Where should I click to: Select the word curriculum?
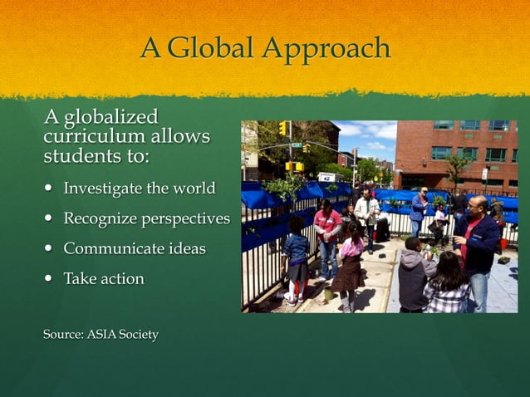[91, 135]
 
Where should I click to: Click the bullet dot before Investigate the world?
[49, 189]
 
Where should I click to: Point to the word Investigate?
[103, 189]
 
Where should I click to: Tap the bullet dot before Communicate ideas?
[49, 249]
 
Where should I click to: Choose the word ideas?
[184, 248]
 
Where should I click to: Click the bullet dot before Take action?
[49, 279]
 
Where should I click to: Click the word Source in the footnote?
[65, 335]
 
